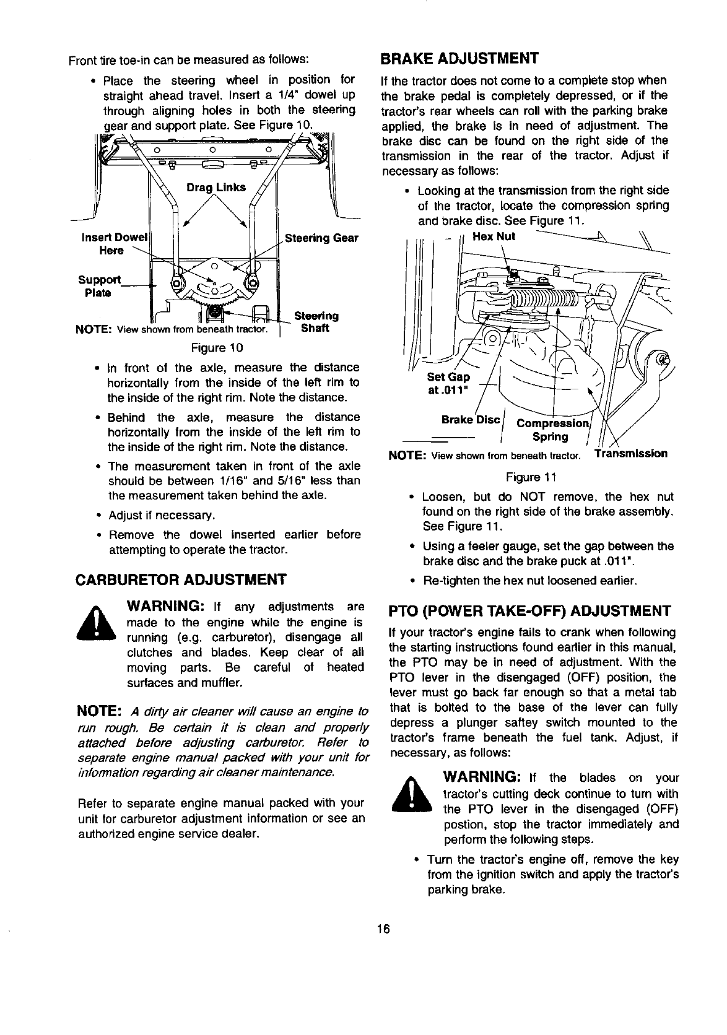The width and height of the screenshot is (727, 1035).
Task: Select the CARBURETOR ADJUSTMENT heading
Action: [x=180, y=579]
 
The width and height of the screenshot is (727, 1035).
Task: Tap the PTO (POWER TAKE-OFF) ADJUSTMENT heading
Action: [x=529, y=612]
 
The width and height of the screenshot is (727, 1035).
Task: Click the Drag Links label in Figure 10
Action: [x=215, y=188]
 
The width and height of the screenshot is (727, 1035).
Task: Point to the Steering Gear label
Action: [x=321, y=238]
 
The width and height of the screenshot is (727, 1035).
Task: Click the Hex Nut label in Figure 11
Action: [x=494, y=236]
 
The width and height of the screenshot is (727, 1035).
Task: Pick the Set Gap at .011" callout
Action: [x=449, y=384]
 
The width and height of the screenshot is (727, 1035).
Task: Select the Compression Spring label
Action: [x=551, y=430]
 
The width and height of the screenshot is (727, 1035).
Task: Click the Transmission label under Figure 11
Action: [x=630, y=454]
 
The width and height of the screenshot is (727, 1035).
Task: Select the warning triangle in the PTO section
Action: [x=411, y=794]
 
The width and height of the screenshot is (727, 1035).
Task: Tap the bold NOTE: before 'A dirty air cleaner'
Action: [x=98, y=709]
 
